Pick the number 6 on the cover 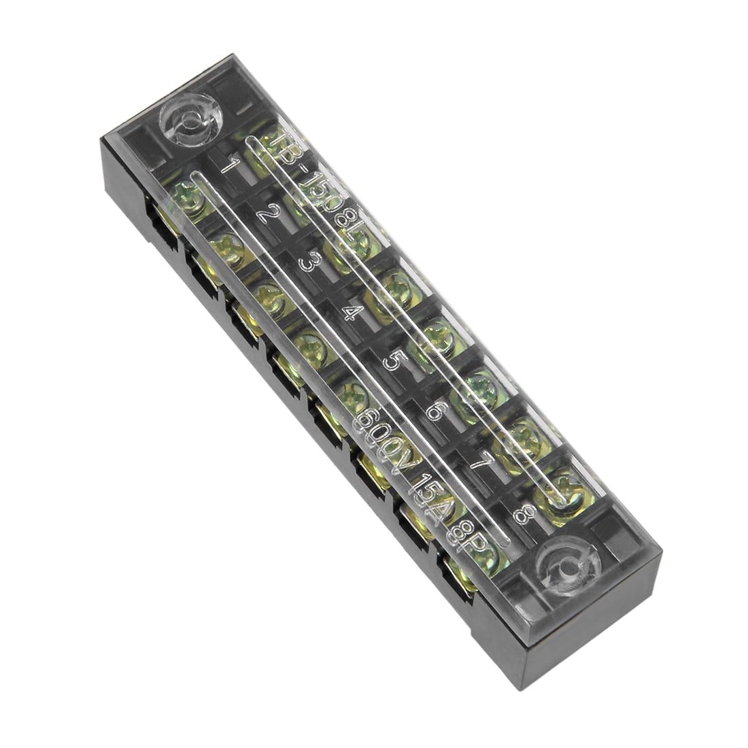[x=437, y=410]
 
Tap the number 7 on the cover [x=481, y=460]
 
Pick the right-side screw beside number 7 [x=527, y=436]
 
